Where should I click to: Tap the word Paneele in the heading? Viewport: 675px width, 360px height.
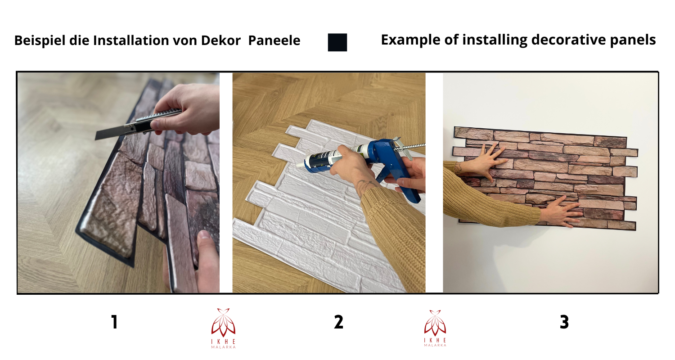click(274, 40)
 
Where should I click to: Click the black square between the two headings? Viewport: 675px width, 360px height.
click(337, 42)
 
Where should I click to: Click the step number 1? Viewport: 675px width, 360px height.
click(114, 322)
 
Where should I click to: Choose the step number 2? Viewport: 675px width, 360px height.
click(338, 322)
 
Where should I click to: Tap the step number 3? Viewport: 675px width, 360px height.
click(564, 322)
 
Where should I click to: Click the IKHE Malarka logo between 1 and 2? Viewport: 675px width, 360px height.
click(223, 328)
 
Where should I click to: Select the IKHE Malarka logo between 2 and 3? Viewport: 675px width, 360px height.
click(435, 328)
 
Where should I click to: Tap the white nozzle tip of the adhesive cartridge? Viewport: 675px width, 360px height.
click(300, 165)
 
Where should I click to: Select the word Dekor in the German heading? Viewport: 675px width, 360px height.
click(221, 40)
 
